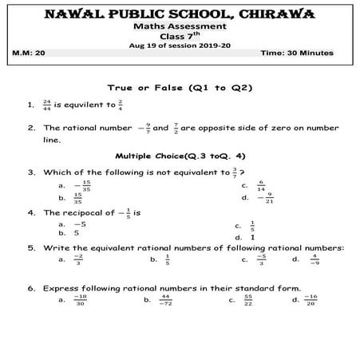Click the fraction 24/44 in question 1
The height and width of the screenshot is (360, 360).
pos(48,104)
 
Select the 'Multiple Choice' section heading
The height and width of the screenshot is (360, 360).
pos(178,156)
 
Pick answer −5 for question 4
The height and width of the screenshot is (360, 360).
pos(79,225)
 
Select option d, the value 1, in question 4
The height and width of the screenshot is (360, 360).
pos(252,237)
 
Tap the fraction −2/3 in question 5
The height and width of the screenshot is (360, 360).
pos(77,259)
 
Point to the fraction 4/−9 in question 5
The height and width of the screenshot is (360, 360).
pos(315,259)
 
